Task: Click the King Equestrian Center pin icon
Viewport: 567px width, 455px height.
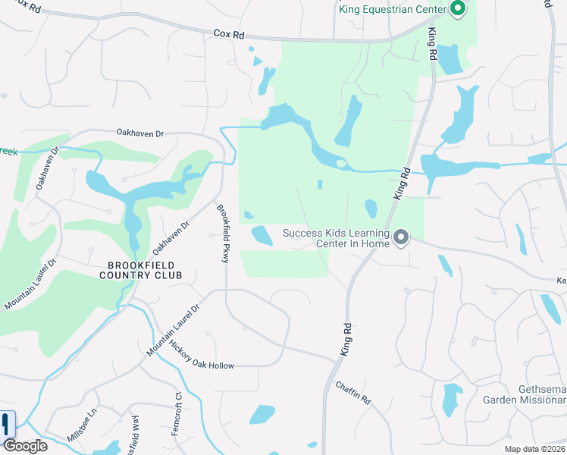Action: pos(457,9)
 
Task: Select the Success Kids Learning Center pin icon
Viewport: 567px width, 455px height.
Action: pos(402,239)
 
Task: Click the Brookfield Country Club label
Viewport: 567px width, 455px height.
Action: pos(141,270)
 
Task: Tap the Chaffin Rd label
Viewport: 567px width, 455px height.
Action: pos(355,394)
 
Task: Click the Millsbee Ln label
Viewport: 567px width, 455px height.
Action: pos(83,427)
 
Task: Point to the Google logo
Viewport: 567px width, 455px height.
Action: pos(25,446)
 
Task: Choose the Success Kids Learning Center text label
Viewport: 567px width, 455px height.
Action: pos(336,238)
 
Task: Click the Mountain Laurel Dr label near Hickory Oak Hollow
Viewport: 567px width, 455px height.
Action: pos(173,330)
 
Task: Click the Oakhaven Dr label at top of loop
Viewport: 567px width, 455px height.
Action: pos(140,133)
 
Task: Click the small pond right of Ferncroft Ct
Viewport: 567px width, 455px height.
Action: pos(262,414)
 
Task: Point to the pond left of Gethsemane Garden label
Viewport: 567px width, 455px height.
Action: pos(452,399)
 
